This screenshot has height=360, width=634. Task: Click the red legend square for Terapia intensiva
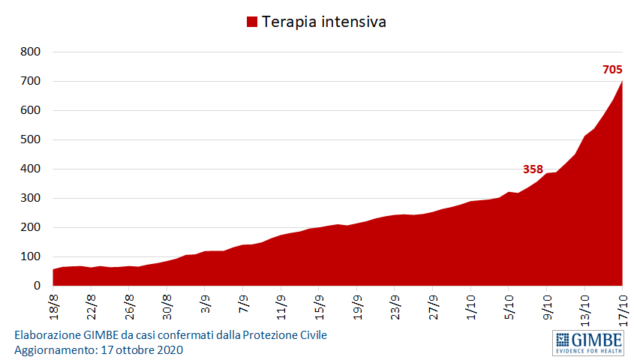pos(252,22)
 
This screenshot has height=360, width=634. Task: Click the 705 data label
pos(612,70)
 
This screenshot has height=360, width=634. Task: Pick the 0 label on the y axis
pos(36,286)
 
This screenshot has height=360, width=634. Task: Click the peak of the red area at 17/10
pos(622,81)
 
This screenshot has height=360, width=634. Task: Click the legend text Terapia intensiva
pos(323,22)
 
